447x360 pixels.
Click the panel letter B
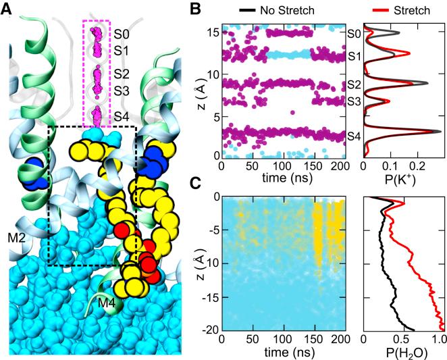[x=196, y=9]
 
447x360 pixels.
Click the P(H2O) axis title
[x=401, y=353]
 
